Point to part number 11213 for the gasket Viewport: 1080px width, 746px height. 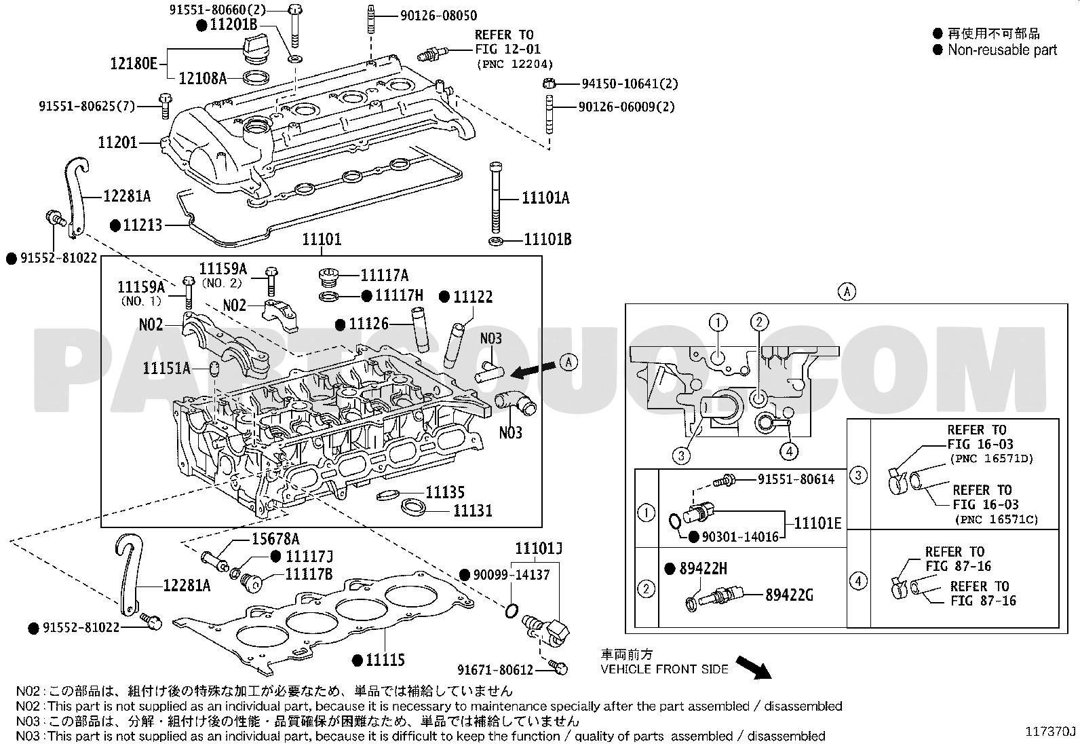click(x=142, y=225)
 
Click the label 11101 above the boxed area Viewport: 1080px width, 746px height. click(x=322, y=240)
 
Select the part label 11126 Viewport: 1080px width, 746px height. click(x=369, y=324)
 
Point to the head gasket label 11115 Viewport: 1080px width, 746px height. click(x=385, y=659)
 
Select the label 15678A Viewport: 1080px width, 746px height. click(x=275, y=539)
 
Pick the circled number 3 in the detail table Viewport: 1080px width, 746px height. click(x=858, y=474)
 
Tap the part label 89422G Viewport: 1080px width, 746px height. click(x=790, y=595)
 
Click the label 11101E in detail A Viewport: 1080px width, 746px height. click(x=817, y=523)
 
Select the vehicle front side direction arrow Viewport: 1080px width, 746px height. click(x=754, y=667)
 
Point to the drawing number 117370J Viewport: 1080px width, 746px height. click(x=1051, y=731)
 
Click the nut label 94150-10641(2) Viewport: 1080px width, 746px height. click(x=630, y=84)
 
